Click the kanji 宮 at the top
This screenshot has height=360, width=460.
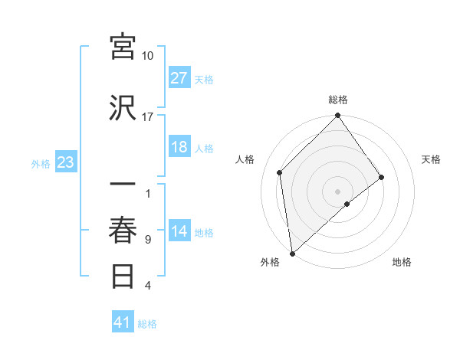coord(123,47)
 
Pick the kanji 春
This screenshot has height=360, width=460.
coord(123,231)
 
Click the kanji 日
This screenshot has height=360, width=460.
coord(123,277)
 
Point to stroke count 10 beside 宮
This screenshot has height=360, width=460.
coord(148,56)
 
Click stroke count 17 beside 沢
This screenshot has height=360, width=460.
coord(148,116)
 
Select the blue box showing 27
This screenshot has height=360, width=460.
coord(179,77)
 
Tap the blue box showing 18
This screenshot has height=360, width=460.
coord(179,147)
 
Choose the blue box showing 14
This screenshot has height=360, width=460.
coord(179,231)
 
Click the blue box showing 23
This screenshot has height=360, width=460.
coord(66,162)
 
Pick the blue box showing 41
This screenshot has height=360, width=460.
coord(123,322)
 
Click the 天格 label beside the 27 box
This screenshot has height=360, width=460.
coord(204,79)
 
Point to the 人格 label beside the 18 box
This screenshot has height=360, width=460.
coord(204,149)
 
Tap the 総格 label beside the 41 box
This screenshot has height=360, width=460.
coord(147,324)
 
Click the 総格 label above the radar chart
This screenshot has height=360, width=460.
coord(337,100)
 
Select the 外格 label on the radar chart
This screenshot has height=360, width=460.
coord(270,262)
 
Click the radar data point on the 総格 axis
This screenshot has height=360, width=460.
coord(337,116)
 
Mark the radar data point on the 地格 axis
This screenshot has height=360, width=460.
coord(347,204)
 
